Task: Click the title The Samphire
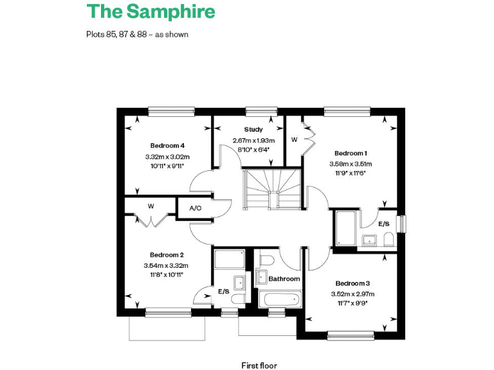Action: coord(151,12)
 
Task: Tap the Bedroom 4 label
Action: coord(167,145)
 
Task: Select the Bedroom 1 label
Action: coord(351,153)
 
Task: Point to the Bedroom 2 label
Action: coord(167,254)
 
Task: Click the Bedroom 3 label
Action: coord(352,283)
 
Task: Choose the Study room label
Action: coord(253,130)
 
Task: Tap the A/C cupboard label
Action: coord(196,209)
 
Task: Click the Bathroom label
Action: coord(284,279)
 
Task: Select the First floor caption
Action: coord(259,366)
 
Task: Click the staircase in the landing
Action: coord(272,187)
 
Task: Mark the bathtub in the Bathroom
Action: coord(280,299)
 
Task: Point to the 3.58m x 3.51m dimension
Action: coord(351,164)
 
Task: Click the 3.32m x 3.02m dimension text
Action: coord(167,157)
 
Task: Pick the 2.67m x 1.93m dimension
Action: coord(253,141)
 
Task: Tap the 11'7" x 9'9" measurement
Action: coord(352,304)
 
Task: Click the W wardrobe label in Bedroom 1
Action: coord(294,139)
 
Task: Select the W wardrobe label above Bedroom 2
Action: coord(151,206)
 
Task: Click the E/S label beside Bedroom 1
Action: coord(383,224)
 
